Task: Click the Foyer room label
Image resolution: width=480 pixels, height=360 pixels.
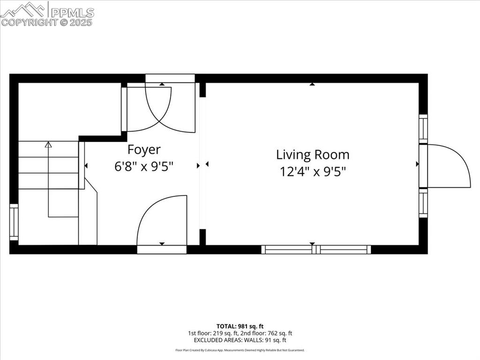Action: point(144,150)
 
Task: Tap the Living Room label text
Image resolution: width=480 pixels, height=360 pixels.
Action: point(312,154)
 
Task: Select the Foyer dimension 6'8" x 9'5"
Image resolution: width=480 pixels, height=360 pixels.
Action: point(144,166)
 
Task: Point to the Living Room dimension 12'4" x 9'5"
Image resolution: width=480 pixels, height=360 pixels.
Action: point(313,172)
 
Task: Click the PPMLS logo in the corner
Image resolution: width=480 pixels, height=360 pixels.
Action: point(47,9)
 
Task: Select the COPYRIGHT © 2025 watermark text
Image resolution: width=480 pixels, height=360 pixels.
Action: point(47,22)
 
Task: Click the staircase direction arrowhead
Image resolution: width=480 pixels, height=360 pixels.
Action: point(48,145)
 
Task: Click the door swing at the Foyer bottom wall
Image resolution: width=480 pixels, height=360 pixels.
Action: point(162,220)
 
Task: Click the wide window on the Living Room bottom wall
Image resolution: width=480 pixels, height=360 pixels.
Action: point(316,249)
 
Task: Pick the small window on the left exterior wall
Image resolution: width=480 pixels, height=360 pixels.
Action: point(14,222)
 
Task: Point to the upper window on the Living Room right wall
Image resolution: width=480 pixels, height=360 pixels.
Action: point(423,128)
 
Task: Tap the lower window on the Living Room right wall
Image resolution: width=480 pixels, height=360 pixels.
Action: point(423,202)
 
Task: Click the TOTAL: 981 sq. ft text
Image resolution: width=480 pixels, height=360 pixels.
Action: point(240,326)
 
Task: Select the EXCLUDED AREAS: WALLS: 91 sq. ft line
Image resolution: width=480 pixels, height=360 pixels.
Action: point(240,340)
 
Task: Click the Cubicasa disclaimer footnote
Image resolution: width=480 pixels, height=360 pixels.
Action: point(240,350)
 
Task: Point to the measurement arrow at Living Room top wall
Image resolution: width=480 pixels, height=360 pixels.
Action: point(312,84)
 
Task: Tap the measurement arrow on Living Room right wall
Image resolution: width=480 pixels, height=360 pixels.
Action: point(417,164)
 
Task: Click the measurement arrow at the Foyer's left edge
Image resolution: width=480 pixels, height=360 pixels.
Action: point(86,165)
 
